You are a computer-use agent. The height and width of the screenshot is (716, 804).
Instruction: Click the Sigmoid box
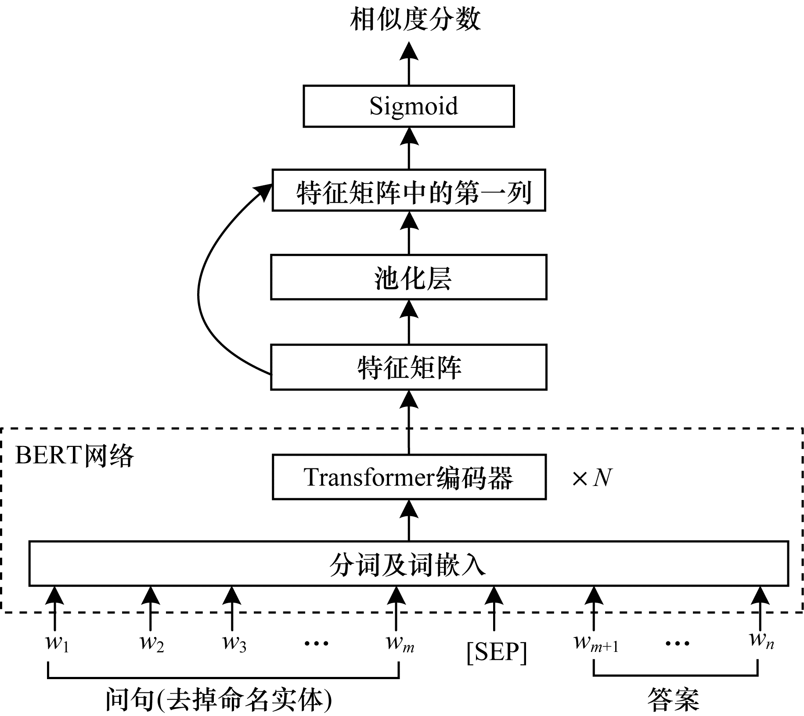[x=408, y=106]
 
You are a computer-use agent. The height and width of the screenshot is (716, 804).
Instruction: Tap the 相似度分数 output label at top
[x=415, y=20]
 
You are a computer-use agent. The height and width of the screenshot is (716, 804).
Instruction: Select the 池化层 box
[x=408, y=277]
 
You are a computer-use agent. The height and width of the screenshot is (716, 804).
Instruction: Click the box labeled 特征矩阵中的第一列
[x=408, y=191]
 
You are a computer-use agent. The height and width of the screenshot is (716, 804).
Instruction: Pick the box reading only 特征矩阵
[x=408, y=367]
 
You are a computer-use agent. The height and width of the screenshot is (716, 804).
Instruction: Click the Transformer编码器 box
[x=408, y=477]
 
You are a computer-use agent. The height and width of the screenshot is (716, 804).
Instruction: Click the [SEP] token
[x=497, y=652]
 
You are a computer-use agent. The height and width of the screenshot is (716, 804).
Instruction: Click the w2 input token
[x=151, y=643]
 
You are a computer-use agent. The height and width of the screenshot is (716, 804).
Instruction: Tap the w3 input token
[x=234, y=643]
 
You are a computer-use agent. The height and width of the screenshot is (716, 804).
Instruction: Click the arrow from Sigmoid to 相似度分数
[x=409, y=64]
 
